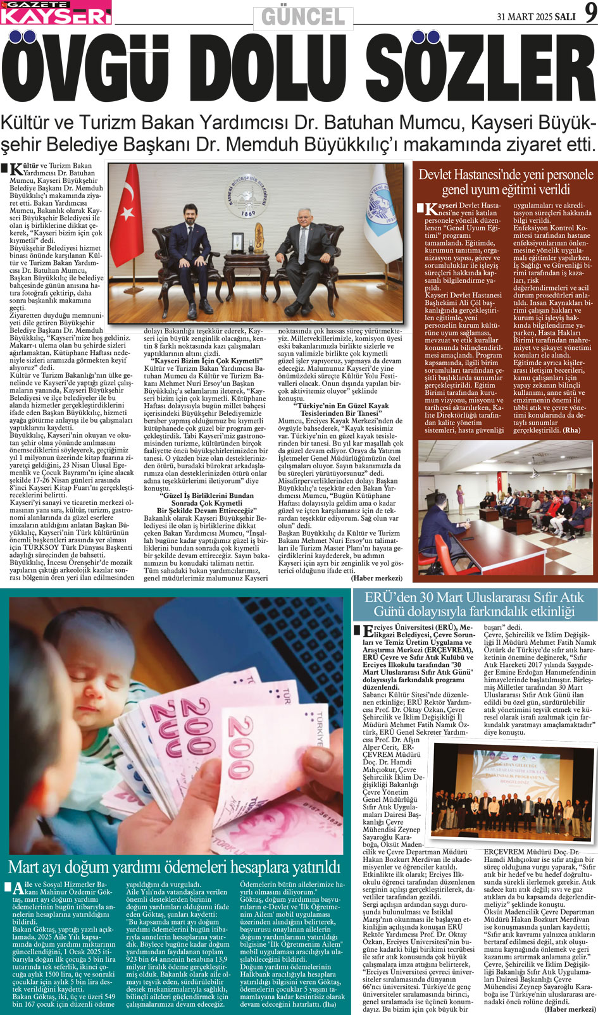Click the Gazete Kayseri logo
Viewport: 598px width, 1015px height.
(x=56, y=13)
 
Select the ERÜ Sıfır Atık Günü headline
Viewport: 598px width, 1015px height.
(x=475, y=604)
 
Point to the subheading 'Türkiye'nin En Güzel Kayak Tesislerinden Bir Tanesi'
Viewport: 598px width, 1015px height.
(x=341, y=409)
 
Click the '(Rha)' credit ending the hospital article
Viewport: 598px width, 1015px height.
(x=571, y=430)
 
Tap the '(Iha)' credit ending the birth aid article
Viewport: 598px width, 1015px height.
(x=330, y=1004)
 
